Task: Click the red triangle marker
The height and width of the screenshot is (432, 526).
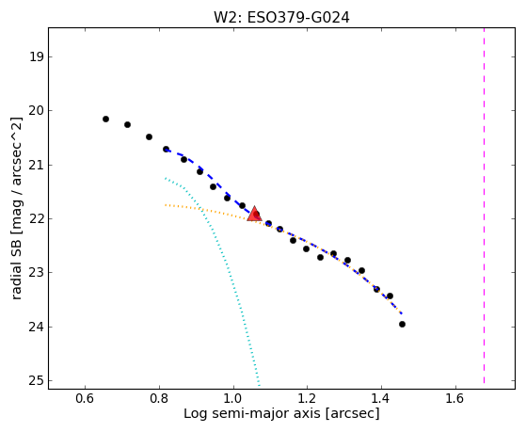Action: point(254,214)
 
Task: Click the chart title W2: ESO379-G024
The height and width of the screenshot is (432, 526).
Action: point(281,18)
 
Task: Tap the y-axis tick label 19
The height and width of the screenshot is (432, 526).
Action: point(37,56)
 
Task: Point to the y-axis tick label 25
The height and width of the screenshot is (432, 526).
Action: point(37,380)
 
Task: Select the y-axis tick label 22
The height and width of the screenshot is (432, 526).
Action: point(37,219)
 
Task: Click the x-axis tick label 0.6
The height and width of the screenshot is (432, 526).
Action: point(86,398)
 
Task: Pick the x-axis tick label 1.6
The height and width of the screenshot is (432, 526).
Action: point(455,398)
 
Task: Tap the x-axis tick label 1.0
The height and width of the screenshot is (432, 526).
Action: point(233,398)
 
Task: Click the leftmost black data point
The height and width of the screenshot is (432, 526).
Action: point(105,119)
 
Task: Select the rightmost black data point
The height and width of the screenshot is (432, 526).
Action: point(402,325)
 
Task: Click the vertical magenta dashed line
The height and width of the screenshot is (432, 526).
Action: point(484,205)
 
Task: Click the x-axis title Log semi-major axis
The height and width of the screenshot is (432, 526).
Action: point(252,413)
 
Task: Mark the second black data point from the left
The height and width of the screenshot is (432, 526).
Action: point(127,124)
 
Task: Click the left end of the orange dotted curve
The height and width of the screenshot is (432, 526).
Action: point(166,205)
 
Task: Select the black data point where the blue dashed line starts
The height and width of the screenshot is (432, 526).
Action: point(166,149)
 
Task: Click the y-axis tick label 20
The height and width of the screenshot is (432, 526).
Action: point(37,110)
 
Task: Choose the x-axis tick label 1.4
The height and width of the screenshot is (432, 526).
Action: point(381,398)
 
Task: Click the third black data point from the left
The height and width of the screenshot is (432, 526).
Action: point(150,137)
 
